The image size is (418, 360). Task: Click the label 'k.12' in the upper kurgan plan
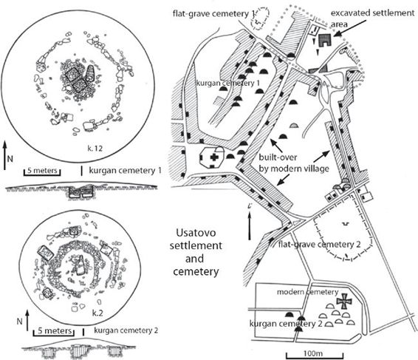pos(95,148)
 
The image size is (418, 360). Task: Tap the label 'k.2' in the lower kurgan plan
pos(97,313)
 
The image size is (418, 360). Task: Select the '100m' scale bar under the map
pos(315,356)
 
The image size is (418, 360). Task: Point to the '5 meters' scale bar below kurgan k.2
pos(55,333)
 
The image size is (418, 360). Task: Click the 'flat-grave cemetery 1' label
pos(213,13)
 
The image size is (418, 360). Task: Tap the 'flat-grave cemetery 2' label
pos(319,244)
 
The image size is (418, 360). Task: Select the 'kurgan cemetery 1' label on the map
pos(228,83)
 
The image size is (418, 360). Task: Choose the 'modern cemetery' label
pos(308,292)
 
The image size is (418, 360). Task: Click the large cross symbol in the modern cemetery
pos(344,302)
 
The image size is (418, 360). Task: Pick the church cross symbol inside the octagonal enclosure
pos(213,157)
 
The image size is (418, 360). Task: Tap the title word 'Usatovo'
pos(196,232)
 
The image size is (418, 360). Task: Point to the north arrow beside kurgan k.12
pos(5,155)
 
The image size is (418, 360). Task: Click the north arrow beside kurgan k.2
pos(27,320)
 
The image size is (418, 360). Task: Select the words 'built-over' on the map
pos(278,157)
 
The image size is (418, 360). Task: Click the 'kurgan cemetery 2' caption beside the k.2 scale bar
pos(126,330)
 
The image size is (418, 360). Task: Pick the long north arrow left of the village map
pos(250,223)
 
